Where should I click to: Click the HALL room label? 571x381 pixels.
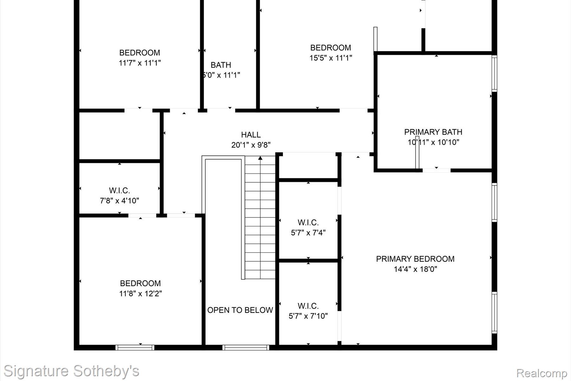[251, 135]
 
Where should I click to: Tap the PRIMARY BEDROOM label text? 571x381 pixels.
[415, 259]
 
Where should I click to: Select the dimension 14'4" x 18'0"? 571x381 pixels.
[415, 269]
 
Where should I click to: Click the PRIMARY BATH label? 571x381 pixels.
[433, 132]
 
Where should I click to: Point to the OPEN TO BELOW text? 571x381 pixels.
[240, 310]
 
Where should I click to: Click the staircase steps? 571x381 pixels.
[260, 222]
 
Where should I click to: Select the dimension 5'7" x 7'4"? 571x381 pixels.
[308, 233]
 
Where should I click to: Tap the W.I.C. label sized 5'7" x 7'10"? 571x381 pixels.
[308, 306]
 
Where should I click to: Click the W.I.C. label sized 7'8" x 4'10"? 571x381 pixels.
[119, 190]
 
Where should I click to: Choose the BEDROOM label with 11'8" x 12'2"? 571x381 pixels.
[140, 283]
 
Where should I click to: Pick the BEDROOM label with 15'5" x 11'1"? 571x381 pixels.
[331, 48]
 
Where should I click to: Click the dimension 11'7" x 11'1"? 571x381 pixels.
[140, 63]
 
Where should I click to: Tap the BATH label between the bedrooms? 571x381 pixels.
[221, 65]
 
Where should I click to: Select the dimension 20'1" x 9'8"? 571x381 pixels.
[251, 145]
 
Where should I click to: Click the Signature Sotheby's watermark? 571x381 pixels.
[71, 371]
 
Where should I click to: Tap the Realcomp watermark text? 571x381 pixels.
[541, 373]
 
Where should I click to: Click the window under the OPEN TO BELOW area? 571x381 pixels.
[246, 348]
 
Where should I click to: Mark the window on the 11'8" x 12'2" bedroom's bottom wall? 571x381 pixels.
[135, 348]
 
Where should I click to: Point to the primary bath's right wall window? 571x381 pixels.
[494, 74]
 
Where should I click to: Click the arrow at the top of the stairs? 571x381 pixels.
[260, 158]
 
